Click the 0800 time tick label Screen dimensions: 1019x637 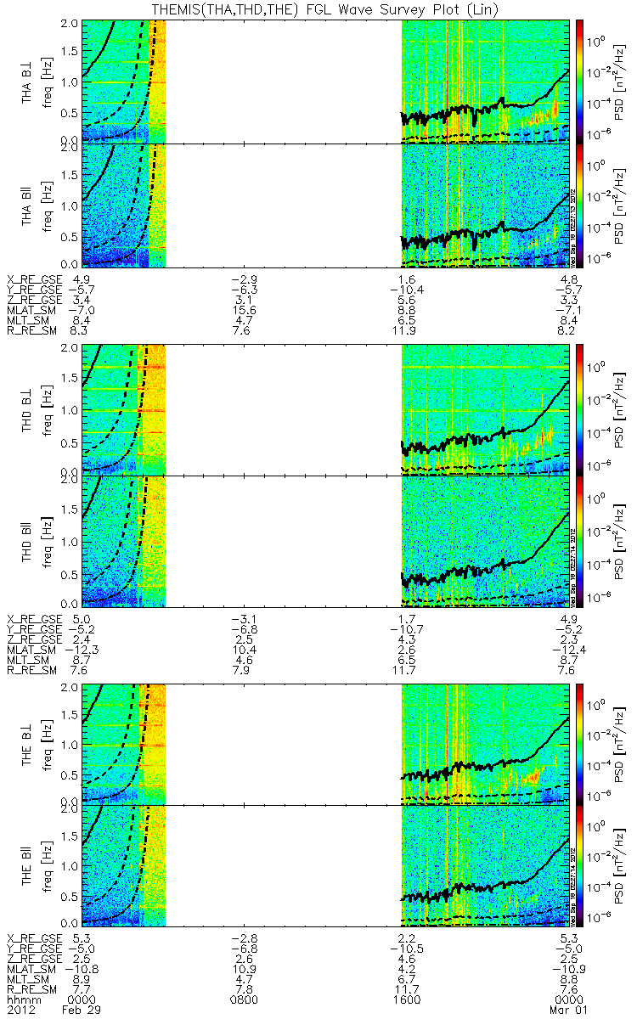244,1000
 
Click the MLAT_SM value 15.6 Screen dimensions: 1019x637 244,310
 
